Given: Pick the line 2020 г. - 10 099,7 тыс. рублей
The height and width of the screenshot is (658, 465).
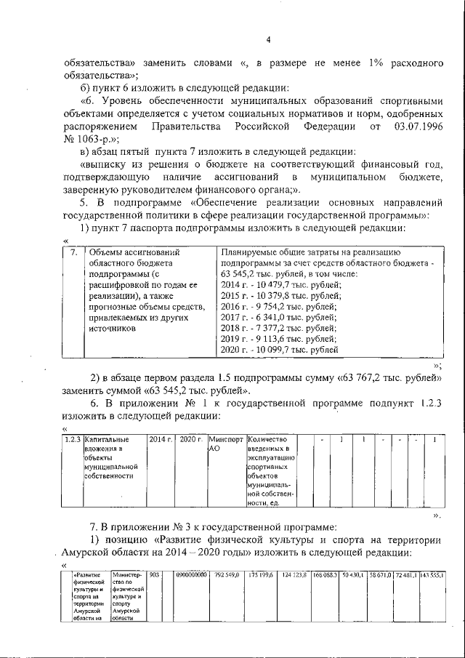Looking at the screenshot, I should pos(279,350).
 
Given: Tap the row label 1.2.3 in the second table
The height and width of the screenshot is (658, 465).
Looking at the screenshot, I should pos(72,440).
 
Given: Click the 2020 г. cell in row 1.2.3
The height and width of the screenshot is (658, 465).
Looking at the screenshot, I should pos(190,440).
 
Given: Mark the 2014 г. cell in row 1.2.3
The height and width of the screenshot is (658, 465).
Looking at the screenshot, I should pos(161,440).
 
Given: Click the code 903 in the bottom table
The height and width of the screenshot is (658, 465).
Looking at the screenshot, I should pos(153,574).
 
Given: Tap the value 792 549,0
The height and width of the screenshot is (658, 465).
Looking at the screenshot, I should pos(227,574).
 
